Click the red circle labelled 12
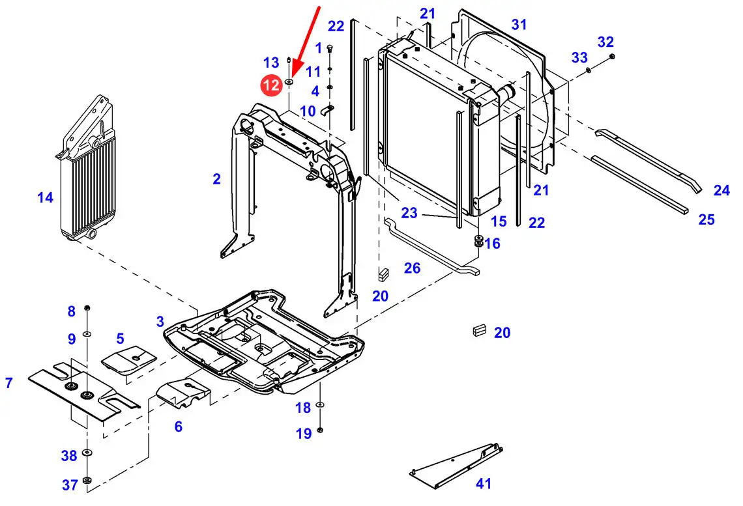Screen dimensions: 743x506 coord(272,85)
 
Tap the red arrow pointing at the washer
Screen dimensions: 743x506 coord(306,42)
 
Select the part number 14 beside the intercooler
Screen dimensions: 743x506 coord(46,197)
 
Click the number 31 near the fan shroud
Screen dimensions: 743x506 coord(519,24)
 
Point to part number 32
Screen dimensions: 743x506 coord(605,42)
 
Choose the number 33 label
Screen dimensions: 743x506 coord(579,57)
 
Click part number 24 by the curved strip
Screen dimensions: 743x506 coord(721,190)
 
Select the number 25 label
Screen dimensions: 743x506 coord(706,219)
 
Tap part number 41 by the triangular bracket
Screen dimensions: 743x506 coord(484,483)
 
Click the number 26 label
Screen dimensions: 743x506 coord(412,268)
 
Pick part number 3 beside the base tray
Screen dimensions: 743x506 coord(160,322)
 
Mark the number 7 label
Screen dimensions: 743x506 coord(9,382)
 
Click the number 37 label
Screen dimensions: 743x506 coord(70,485)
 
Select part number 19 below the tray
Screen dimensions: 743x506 coord(304,433)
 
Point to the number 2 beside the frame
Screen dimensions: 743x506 coord(216,179)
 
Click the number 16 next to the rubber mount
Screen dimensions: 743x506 coord(492,244)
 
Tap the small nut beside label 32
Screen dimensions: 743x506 coord(612,57)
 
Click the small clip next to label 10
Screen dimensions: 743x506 coord(327,110)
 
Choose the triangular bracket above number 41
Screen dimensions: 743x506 coord(456,465)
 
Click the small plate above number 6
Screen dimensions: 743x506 coord(183,392)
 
